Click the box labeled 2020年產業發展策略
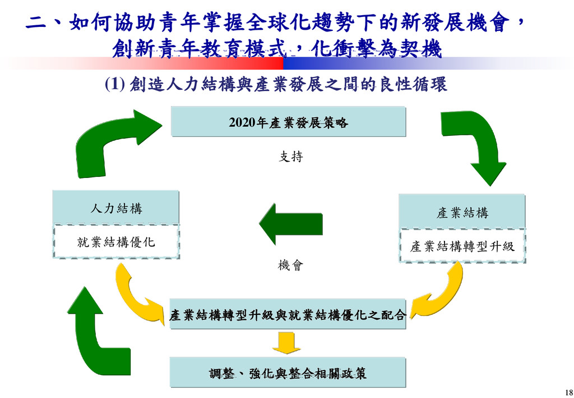[288, 122]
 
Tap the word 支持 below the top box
[291, 157]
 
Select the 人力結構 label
[116, 209]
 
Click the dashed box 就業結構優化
[116, 242]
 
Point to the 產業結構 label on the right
[462, 213]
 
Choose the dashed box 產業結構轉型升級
[462, 246]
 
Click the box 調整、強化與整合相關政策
[288, 373]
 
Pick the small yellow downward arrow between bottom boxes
[286, 342]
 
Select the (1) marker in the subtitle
[114, 85]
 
